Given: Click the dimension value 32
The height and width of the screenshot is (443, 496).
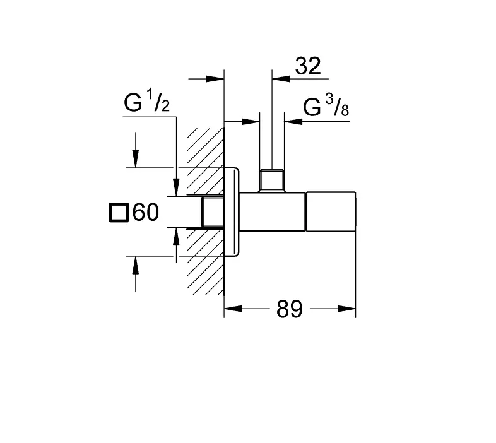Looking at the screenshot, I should tap(307, 66).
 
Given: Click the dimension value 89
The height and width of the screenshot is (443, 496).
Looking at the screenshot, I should tap(290, 309).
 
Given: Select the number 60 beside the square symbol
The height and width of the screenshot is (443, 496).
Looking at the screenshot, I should tap(145, 213).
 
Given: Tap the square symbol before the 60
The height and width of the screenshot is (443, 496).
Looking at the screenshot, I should tap(118, 213).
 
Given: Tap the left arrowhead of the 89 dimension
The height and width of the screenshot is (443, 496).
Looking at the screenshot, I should tap(231, 309).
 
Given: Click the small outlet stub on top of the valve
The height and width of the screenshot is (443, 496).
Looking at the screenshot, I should tap(272, 180).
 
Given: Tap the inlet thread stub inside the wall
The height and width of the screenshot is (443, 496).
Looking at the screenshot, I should tap(213, 212).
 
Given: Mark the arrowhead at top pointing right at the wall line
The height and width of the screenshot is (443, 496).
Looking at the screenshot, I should tap(218, 79).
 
